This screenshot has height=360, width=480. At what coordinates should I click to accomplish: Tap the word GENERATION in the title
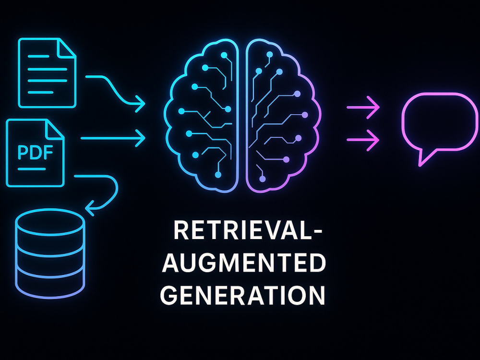(x=242, y=295)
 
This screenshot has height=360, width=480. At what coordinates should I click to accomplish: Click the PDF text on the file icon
(x=35, y=152)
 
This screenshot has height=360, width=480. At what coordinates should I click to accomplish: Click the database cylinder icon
(x=50, y=253)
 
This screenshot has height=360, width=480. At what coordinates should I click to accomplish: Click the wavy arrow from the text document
(x=114, y=91)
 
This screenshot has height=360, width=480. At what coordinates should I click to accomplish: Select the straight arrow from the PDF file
(x=113, y=138)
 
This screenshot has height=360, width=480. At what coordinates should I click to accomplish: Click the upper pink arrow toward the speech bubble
(x=363, y=108)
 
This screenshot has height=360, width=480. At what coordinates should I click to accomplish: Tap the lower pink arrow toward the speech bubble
(x=363, y=140)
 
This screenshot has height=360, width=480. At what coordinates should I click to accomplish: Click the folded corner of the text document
(x=67, y=48)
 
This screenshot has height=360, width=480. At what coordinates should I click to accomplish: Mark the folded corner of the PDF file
(x=55, y=129)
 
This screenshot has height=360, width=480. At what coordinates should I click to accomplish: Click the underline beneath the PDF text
(x=32, y=169)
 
